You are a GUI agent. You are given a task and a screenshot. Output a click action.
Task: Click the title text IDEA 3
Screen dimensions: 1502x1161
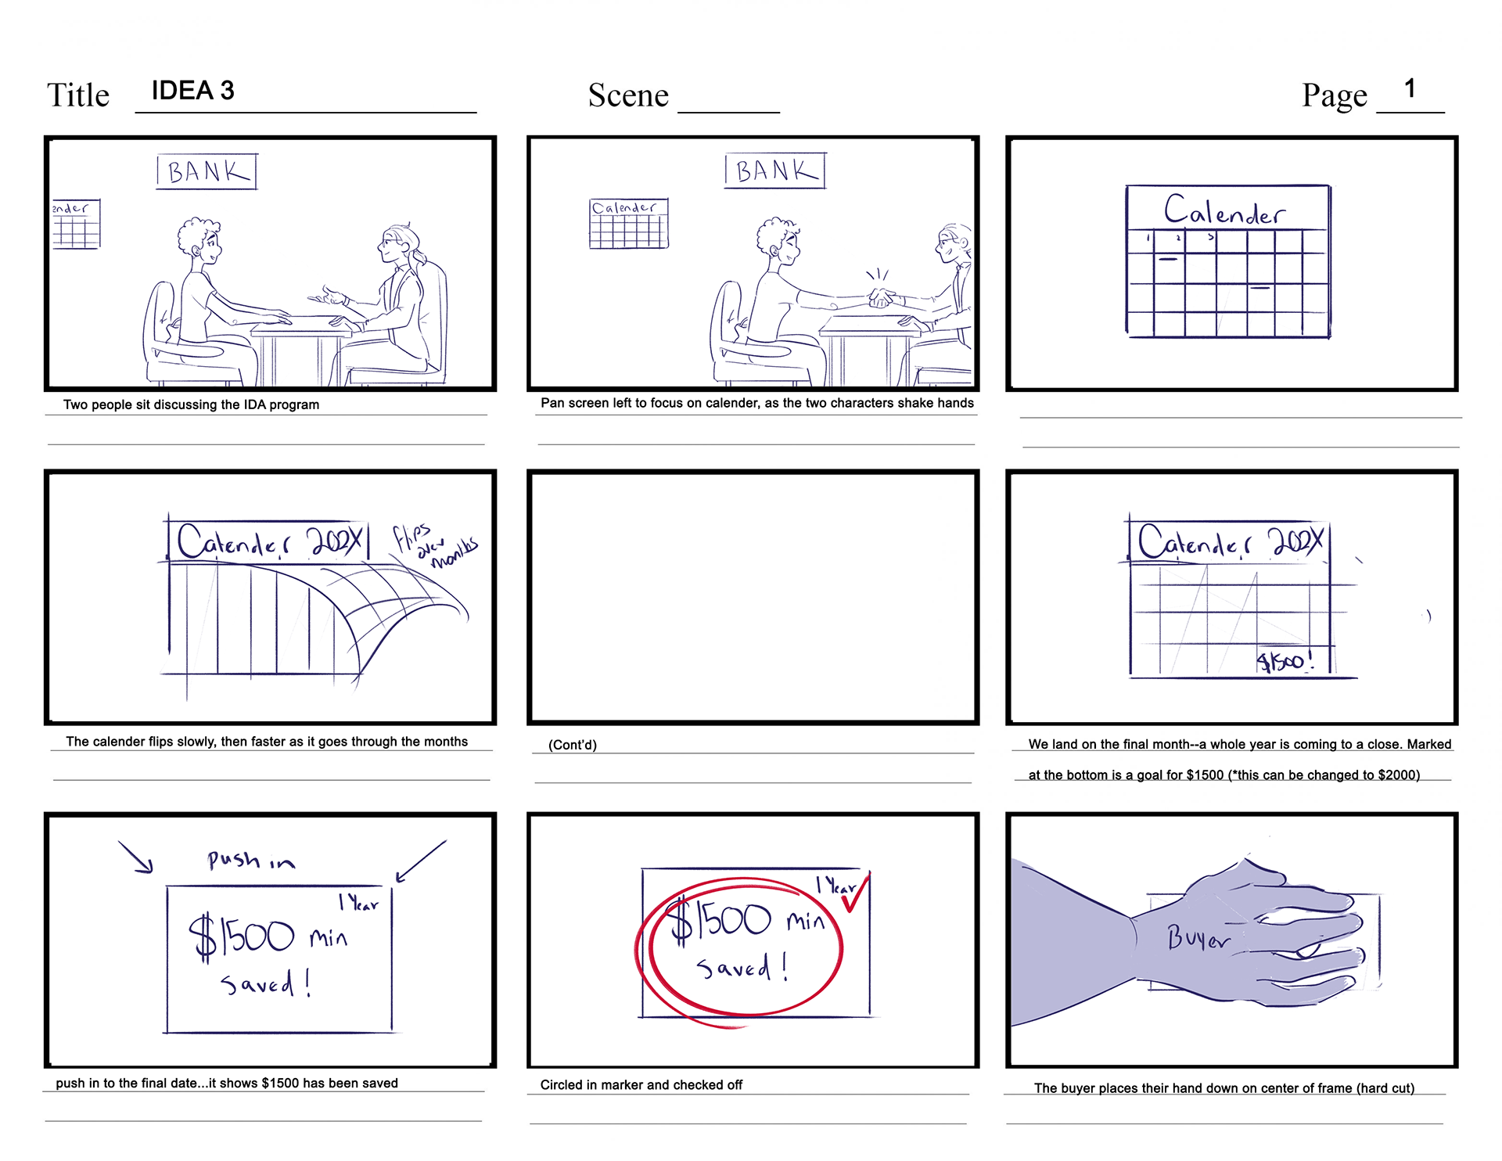(x=192, y=91)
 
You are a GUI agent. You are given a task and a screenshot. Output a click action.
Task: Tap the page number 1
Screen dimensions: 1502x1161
(x=1410, y=88)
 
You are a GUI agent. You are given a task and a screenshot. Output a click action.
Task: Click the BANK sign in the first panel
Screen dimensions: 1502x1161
(x=207, y=171)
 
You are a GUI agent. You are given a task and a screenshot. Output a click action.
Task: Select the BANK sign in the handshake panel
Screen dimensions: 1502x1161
(x=775, y=171)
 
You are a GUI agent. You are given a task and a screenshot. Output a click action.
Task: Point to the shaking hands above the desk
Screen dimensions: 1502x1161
(x=882, y=297)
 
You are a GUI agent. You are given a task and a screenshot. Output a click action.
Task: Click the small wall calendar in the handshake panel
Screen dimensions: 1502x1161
(x=629, y=224)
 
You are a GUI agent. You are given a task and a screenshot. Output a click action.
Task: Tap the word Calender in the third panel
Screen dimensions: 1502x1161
(x=1224, y=210)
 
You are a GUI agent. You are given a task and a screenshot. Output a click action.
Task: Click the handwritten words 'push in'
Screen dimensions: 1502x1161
(x=251, y=861)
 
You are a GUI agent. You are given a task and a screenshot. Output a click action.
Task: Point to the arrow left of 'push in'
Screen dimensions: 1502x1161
(x=135, y=857)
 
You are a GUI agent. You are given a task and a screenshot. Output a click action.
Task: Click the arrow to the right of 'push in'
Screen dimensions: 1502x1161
(x=421, y=861)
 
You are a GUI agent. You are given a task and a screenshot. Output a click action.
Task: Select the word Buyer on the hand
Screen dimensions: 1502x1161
(x=1198, y=937)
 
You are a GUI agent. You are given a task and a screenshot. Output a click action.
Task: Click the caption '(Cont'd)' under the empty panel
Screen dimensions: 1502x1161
(x=573, y=745)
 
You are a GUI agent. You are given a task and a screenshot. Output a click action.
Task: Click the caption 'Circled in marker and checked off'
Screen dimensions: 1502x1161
(x=641, y=1085)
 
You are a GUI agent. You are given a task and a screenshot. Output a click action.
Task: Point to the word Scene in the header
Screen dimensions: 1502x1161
(x=628, y=95)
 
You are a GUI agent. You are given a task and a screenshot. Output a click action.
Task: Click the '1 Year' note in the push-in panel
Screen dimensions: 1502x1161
(x=358, y=902)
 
